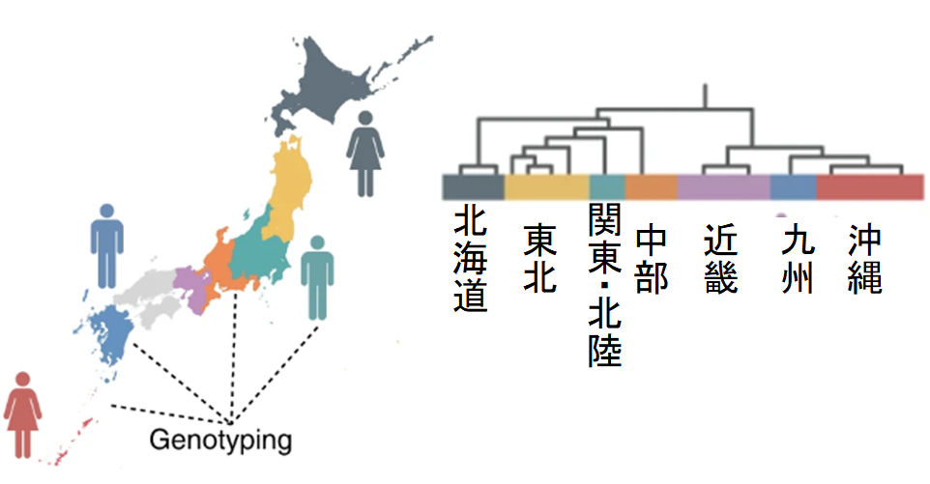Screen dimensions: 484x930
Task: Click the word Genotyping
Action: pyautogui.click(x=220, y=441)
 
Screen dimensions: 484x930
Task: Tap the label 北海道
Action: pyautogui.click(x=471, y=259)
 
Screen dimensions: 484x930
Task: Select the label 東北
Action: pyautogui.click(x=539, y=259)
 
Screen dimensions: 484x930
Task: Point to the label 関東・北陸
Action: pyautogui.click(x=605, y=285)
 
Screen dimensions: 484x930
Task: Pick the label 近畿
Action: pyautogui.click(x=721, y=259)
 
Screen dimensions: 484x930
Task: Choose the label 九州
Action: pyautogui.click(x=796, y=259)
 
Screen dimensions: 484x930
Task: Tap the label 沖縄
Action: pyautogui.click(x=865, y=259)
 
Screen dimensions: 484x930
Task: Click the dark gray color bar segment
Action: pyautogui.click(x=471, y=186)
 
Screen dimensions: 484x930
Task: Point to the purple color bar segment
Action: pyautogui.click(x=723, y=186)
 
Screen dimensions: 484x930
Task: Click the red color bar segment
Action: pyautogui.click(x=870, y=186)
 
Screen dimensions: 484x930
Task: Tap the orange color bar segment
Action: pyautogui.click(x=651, y=186)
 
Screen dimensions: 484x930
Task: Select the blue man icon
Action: pyautogui.click(x=106, y=244)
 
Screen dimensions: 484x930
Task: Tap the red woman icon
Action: pyautogui.click(x=22, y=415)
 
